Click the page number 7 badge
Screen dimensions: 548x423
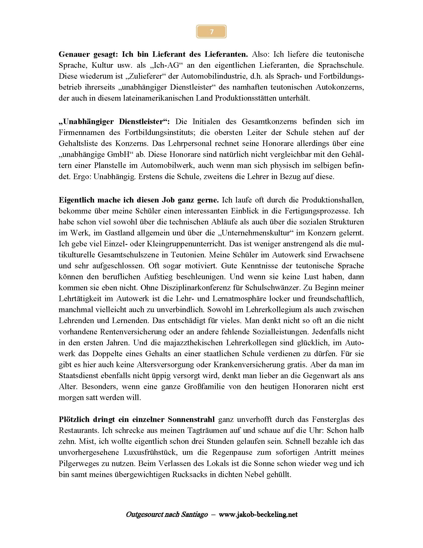pyautogui.click(x=211, y=32)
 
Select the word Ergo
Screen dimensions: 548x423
pyautogui.click(x=81, y=177)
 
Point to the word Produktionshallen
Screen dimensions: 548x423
pyautogui.click(x=332, y=200)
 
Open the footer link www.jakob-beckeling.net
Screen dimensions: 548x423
pyautogui.click(x=258, y=515)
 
